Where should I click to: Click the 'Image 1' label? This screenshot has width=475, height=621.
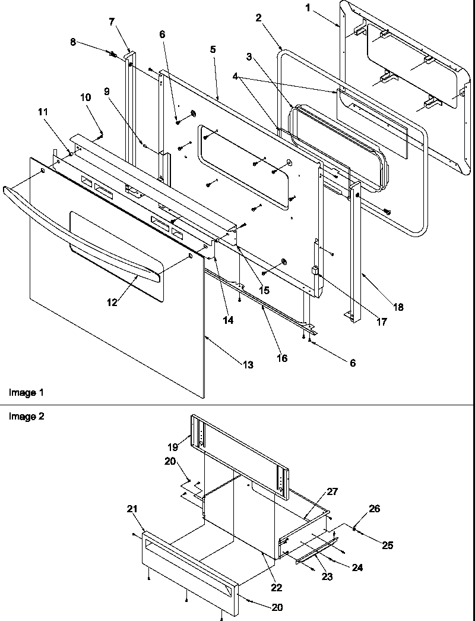pyautogui.click(x=26, y=393)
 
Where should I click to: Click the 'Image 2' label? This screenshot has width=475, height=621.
pyautogui.click(x=26, y=416)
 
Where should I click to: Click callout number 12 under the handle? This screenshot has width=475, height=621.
pyautogui.click(x=112, y=302)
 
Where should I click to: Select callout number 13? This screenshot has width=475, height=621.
pyautogui.click(x=248, y=365)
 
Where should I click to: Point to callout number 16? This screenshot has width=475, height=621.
pyautogui.click(x=281, y=358)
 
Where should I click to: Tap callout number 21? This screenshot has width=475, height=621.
pyautogui.click(x=131, y=508)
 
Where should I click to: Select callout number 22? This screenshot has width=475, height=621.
pyautogui.click(x=277, y=588)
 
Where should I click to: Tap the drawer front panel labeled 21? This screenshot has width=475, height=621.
pyautogui.click(x=190, y=570)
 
